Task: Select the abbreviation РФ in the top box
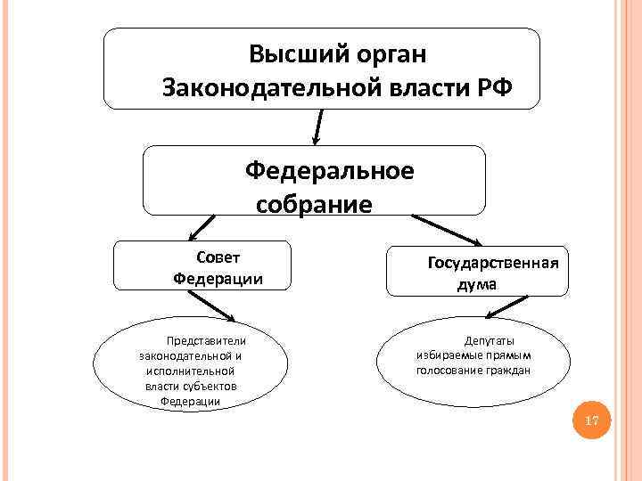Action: pyautogui.click(x=494, y=87)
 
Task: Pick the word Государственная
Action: pyautogui.click(x=493, y=263)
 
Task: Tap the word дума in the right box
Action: pyautogui.click(x=477, y=285)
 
